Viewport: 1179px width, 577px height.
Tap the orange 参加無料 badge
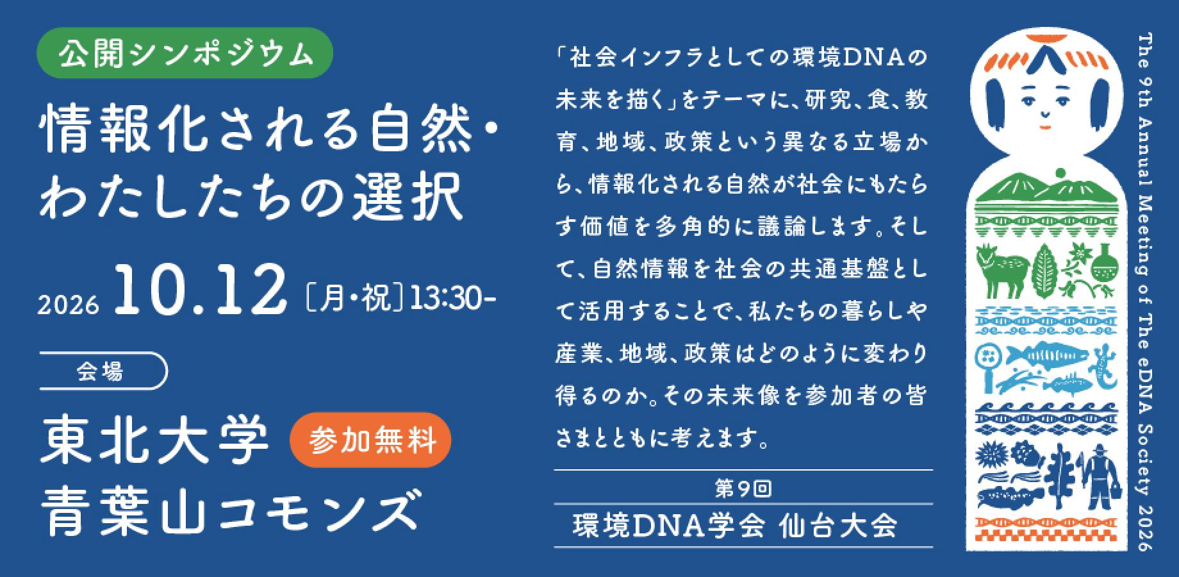(372, 440)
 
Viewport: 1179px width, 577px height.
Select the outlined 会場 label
(103, 371)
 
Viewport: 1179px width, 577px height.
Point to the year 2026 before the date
(69, 305)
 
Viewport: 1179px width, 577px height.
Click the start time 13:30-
(452, 298)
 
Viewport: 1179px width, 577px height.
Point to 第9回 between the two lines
(743, 489)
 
